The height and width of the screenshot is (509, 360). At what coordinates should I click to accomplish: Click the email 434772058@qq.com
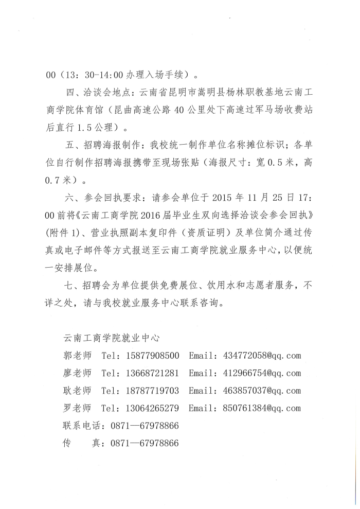pyautogui.click(x=262, y=356)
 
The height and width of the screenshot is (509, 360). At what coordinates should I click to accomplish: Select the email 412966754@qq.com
pyautogui.click(x=262, y=373)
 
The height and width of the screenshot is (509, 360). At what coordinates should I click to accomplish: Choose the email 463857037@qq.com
pyautogui.click(x=262, y=391)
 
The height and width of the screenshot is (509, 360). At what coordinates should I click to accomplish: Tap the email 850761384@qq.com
pyautogui.click(x=262, y=409)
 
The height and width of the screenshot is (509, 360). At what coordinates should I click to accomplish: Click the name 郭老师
pyautogui.click(x=77, y=356)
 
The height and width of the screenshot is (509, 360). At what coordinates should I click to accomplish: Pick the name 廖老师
pyautogui.click(x=77, y=373)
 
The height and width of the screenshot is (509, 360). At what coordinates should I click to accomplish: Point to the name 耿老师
pyautogui.click(x=77, y=391)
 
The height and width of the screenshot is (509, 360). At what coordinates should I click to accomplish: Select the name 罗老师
pyautogui.click(x=77, y=409)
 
